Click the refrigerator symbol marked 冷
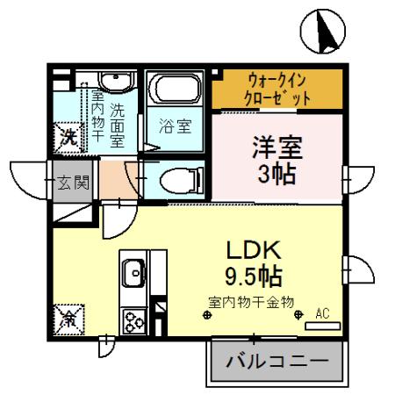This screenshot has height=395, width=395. point(68,317)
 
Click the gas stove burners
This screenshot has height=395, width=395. point(135,320)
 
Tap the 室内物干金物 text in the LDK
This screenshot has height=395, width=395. point(250,301)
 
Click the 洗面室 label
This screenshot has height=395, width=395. point(117,124)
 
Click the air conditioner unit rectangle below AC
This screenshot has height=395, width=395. point(322,327)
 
